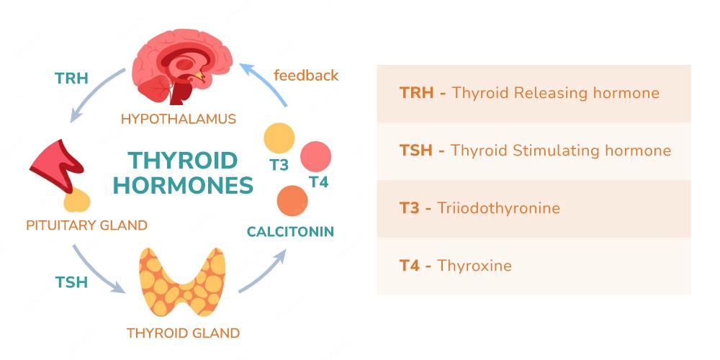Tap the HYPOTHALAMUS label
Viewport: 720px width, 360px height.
[x=179, y=119]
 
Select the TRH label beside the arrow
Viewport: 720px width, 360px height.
[x=71, y=78]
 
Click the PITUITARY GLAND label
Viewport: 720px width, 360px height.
[x=86, y=225]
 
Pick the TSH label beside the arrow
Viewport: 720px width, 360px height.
[x=71, y=282]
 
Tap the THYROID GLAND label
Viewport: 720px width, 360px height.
[x=183, y=333]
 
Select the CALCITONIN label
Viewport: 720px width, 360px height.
[x=290, y=232]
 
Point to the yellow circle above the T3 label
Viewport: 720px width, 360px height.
[x=279, y=138]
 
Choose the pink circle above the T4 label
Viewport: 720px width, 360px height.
[x=315, y=156]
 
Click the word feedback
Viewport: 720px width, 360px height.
[x=306, y=75]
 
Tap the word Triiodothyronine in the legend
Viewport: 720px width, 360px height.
[x=498, y=209]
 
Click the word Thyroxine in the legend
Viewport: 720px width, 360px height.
[x=474, y=266]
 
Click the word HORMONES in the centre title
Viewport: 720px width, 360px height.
[x=184, y=185]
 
